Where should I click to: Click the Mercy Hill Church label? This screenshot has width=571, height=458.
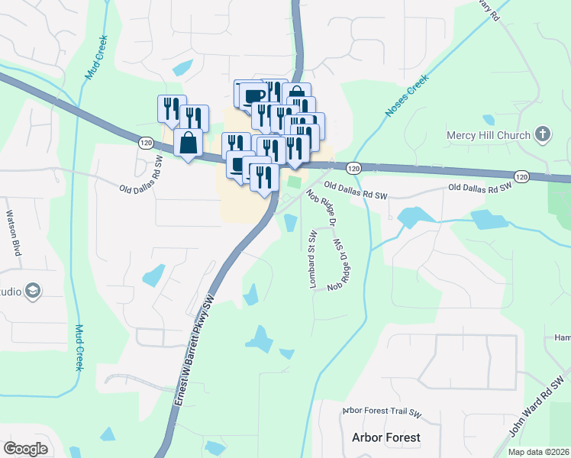coord(488,136)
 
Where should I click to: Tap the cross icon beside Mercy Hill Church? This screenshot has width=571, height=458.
coord(542,136)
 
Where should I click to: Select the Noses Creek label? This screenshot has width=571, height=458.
coord(402,95)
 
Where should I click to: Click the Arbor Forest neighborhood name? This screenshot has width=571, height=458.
coord(386,437)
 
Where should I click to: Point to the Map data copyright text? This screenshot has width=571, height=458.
coord(539,452)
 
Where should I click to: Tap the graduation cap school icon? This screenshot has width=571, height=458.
coord(33,291)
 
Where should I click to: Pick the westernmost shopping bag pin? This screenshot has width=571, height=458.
coord(188,142)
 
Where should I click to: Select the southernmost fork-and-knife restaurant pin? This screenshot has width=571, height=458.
coord(263,177)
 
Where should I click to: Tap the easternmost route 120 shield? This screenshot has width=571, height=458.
coord(521,176)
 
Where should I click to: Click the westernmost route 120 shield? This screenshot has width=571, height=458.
coord(146,142)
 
